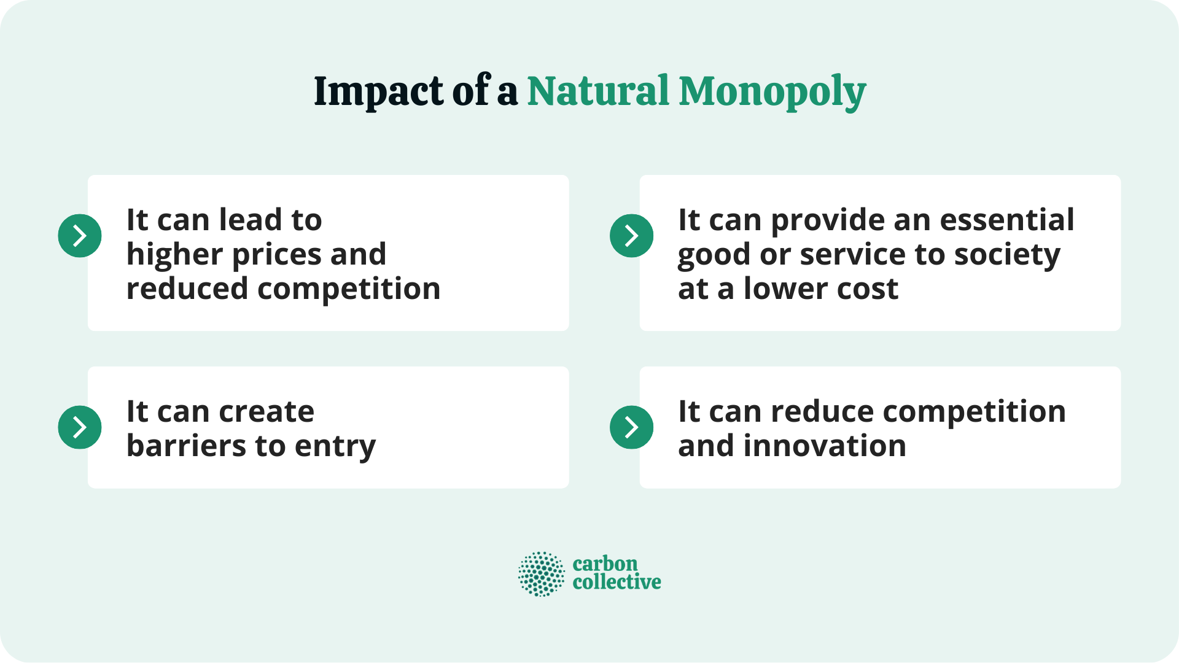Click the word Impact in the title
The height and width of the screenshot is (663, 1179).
pos(378,91)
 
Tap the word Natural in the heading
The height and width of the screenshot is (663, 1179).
pos(597,91)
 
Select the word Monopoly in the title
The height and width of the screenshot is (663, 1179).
pos(772,93)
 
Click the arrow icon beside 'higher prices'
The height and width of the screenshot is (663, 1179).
pos(80,236)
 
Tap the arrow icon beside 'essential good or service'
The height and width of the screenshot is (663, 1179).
pos(631,236)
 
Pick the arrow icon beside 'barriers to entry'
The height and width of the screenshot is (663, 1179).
pos(80,427)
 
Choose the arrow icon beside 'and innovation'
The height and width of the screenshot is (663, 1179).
pos(631,427)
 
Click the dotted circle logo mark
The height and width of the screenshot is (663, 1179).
pos(541,574)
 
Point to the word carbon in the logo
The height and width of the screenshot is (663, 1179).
pos(605,564)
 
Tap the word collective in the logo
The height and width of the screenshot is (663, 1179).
pos(617,582)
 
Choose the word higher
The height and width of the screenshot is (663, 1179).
pos(174,255)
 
